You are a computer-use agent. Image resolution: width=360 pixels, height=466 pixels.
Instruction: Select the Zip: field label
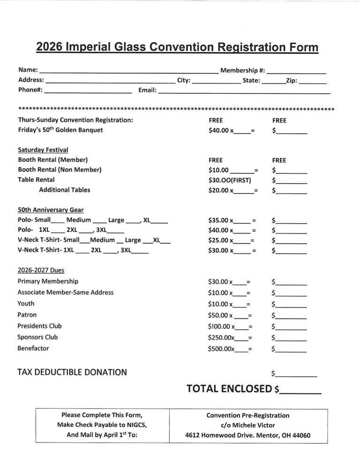tap(291, 81)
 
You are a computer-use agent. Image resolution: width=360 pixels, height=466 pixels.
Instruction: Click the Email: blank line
tap(244, 92)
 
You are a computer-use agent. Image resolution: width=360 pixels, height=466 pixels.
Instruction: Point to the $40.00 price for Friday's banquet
tap(218, 130)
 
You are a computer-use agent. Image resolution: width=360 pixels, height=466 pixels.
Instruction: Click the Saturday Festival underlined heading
tap(43, 150)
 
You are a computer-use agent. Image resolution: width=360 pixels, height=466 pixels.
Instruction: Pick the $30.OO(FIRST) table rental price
tap(230, 180)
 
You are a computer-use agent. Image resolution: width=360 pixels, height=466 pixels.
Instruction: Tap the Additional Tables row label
tap(64, 190)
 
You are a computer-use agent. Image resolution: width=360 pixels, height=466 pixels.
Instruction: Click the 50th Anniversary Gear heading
tap(51, 210)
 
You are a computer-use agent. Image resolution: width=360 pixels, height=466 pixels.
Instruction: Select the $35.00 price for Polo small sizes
tap(218, 220)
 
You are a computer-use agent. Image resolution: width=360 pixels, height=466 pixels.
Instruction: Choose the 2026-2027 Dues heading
tap(41, 271)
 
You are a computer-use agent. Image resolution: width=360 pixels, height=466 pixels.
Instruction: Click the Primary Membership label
tap(48, 281)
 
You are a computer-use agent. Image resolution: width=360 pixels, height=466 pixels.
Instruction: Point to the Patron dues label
tap(27, 315)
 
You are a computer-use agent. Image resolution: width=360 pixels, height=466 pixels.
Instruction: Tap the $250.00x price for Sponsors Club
tap(221, 338)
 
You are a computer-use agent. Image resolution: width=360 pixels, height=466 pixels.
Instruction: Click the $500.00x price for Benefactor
tap(221, 349)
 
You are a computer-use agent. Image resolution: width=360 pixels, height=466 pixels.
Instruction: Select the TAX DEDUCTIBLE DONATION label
tap(72, 372)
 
